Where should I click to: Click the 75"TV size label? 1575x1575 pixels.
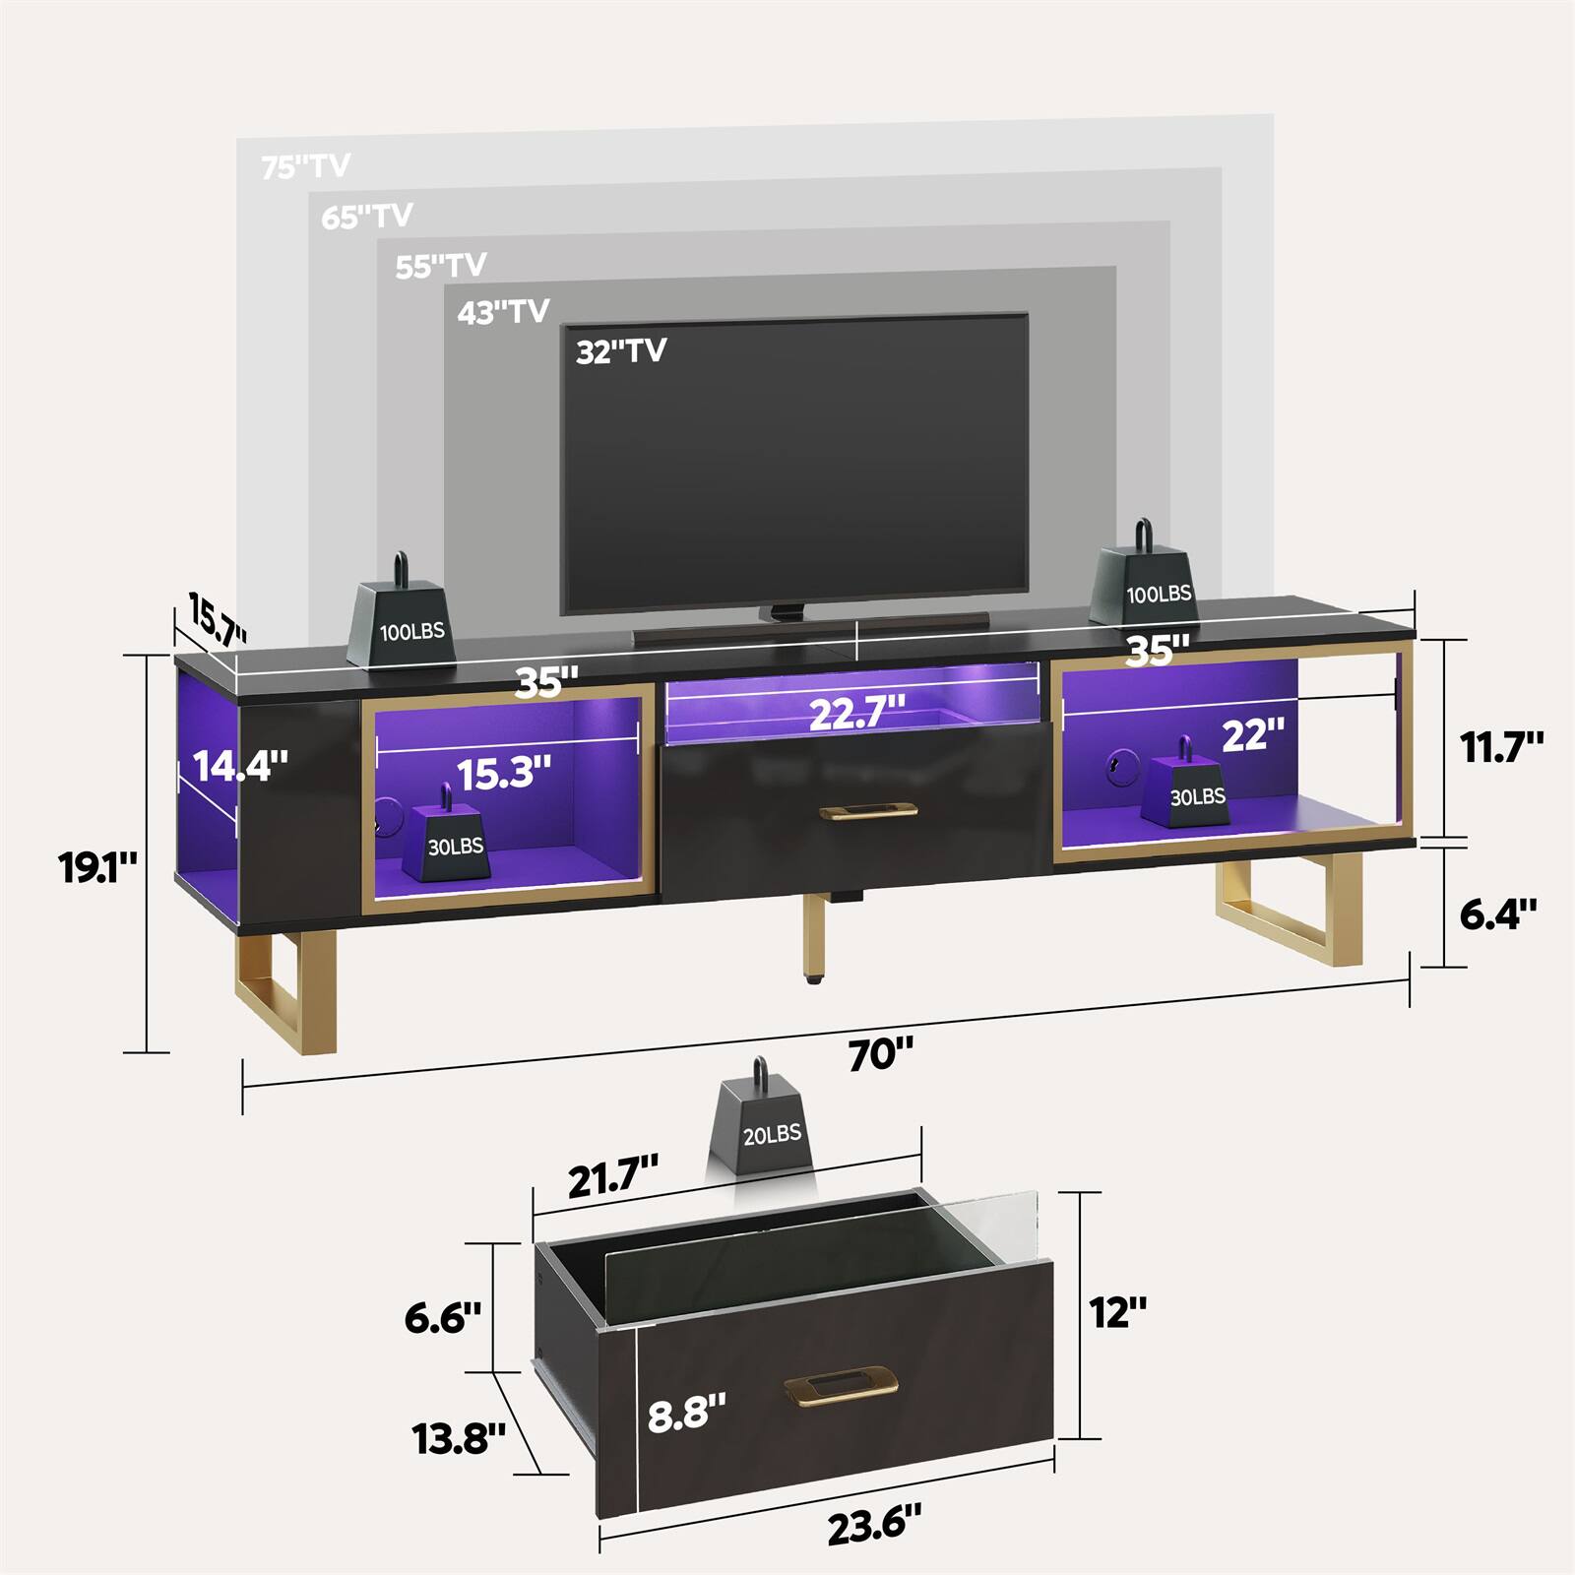click(x=305, y=166)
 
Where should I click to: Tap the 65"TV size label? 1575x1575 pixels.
click(x=366, y=216)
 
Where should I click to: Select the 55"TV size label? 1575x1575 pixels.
click(x=441, y=266)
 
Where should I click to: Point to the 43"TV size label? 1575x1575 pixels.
click(x=503, y=312)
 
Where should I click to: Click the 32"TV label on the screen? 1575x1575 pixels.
click(x=621, y=351)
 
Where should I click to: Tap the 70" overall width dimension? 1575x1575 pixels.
click(x=881, y=1054)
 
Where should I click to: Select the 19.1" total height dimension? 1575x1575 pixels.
click(x=97, y=867)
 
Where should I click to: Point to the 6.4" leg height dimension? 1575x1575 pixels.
click(x=1497, y=913)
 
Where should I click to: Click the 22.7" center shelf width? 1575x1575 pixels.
click(x=856, y=713)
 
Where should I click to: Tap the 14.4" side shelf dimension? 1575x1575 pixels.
click(x=240, y=765)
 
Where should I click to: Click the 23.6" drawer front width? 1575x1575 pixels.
click(x=874, y=1525)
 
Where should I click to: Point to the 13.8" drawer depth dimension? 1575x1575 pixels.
click(x=459, y=1438)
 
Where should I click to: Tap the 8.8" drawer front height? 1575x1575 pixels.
click(x=686, y=1413)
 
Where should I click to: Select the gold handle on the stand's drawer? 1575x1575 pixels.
click(x=868, y=810)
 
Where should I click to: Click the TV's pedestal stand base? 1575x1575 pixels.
click(x=809, y=628)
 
